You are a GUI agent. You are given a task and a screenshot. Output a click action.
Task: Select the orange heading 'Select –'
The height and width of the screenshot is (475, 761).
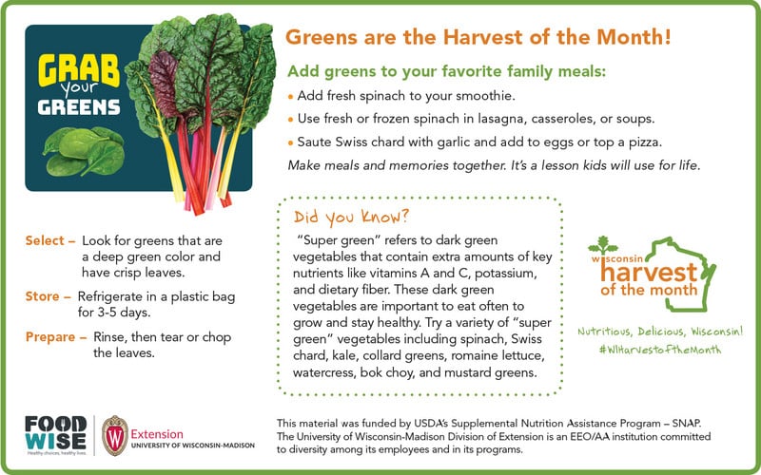click(49, 241)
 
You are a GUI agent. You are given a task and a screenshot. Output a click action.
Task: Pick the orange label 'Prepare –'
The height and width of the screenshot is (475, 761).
click(55, 337)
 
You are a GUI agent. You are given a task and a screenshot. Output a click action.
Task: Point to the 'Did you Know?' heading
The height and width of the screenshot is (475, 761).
click(352, 215)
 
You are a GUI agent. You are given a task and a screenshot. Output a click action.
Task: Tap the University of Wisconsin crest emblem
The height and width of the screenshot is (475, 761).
click(115, 433)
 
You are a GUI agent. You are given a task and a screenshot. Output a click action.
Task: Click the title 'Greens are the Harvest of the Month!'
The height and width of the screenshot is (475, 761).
click(478, 38)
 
